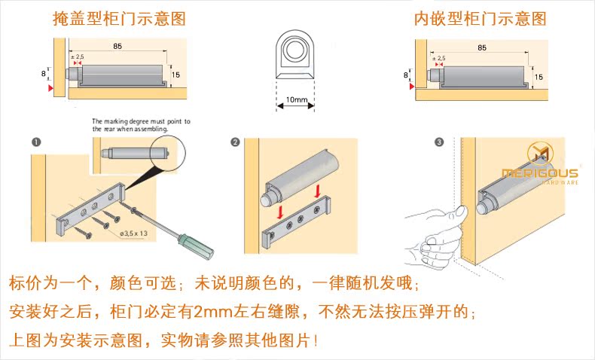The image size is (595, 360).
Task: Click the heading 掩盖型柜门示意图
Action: pyautogui.click(x=119, y=19)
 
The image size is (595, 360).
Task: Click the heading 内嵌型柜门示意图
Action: pyautogui.click(x=480, y=19)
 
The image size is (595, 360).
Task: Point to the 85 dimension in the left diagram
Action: pyautogui.click(x=118, y=47)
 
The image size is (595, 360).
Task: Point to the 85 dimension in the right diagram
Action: pyautogui.click(x=481, y=47)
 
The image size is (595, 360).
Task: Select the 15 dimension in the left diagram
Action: pyautogui.click(x=175, y=75)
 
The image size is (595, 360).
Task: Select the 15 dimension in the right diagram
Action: pyautogui.click(x=539, y=76)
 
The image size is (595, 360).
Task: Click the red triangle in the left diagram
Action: pyautogui.click(x=50, y=89)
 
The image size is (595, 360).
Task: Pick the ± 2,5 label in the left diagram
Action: pyautogui.click(x=78, y=57)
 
